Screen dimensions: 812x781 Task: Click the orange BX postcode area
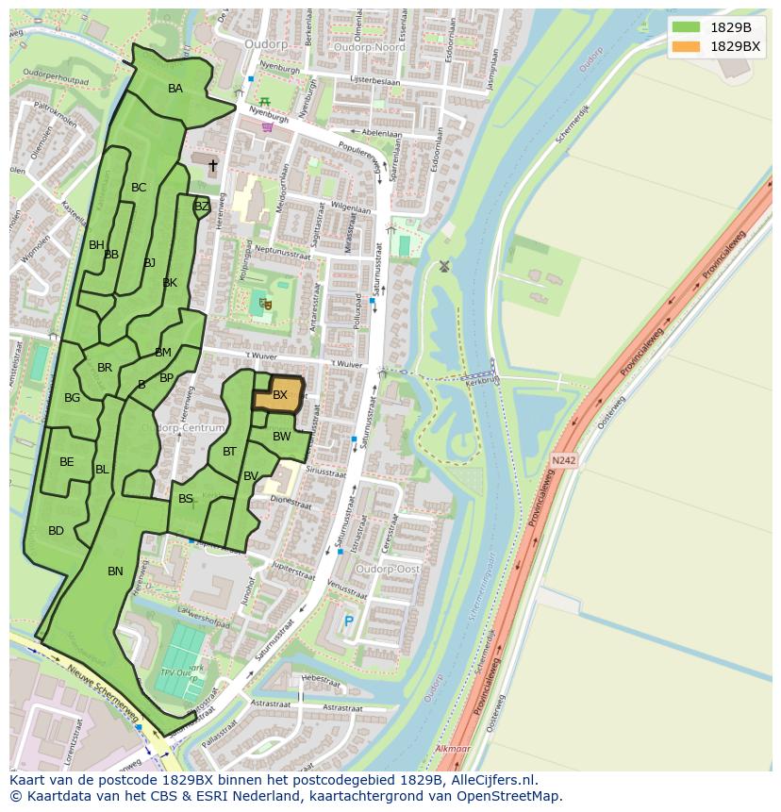pyautogui.click(x=278, y=394)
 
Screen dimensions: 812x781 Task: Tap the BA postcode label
pyautogui.click(x=175, y=89)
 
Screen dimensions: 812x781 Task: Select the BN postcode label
pyautogui.click(x=115, y=572)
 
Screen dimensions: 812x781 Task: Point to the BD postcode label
pyautogui.click(x=56, y=531)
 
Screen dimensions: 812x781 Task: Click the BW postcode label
pyautogui.click(x=281, y=437)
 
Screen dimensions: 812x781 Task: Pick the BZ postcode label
pyautogui.click(x=201, y=207)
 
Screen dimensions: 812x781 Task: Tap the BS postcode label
pyautogui.click(x=186, y=499)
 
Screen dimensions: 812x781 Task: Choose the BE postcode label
pyautogui.click(x=67, y=462)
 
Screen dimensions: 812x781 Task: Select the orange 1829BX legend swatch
pyautogui.click(x=687, y=46)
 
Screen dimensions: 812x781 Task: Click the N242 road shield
pyautogui.click(x=563, y=460)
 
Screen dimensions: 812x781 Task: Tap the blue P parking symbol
pyautogui.click(x=348, y=621)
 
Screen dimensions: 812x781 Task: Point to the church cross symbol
pyautogui.click(x=213, y=166)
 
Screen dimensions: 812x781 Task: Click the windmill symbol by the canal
pyautogui.click(x=444, y=266)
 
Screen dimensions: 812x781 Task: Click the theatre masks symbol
pyautogui.click(x=265, y=304)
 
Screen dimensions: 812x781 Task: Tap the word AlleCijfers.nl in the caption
pyautogui.click(x=491, y=780)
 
